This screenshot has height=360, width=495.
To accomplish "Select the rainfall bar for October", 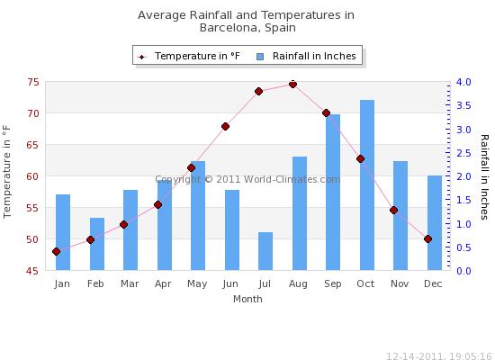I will (x=367, y=184).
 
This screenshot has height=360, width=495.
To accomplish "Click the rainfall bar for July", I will (x=265, y=251).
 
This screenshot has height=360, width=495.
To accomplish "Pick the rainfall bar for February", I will (x=96, y=244).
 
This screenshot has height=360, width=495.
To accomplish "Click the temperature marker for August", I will (x=292, y=85).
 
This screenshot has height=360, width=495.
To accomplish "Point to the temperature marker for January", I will (x=56, y=252).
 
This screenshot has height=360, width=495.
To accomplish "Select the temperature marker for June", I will (x=225, y=127).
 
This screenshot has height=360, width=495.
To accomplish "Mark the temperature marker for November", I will (x=393, y=211).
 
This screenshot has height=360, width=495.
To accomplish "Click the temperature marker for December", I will (x=427, y=239).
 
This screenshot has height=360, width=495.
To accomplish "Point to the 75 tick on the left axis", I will (x=32, y=82).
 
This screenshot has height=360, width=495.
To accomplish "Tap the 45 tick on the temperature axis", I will (x=32, y=271).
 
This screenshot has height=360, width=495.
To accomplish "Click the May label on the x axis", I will (x=198, y=284).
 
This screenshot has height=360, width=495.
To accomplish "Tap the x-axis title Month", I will (x=247, y=298).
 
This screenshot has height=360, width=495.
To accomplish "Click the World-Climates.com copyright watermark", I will (x=247, y=179).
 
